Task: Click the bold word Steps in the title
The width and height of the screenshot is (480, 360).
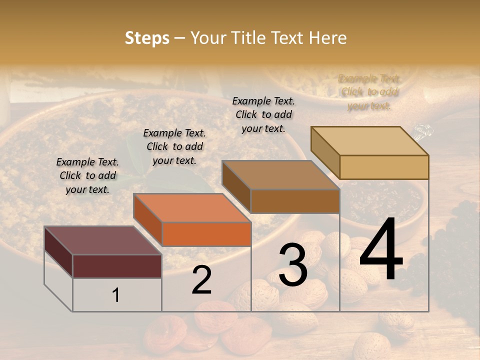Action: coord(147,38)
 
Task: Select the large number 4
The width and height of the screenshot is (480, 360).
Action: coord(381,250)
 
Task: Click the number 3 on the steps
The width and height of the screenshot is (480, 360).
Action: coord(292,265)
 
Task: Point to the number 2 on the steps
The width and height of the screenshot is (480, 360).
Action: coord(201,280)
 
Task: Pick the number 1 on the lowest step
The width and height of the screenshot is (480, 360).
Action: coord(115,295)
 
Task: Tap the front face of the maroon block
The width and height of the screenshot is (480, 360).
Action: coord(117,266)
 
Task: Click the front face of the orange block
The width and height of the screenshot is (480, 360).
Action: coord(206,234)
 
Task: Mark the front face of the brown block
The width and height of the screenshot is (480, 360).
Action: coord(295,201)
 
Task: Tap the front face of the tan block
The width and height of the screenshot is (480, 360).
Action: coord(384,167)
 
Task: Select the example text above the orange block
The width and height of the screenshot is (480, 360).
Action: coord(174,146)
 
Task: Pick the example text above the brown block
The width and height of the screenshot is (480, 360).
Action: coord(263,114)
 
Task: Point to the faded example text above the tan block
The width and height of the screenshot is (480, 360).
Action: coord(369,92)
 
